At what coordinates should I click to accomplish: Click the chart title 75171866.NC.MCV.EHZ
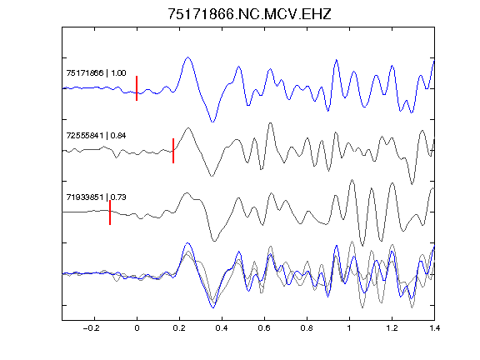click(249, 14)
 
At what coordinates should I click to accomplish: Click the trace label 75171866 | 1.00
click(96, 72)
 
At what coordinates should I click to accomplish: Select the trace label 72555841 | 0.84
click(96, 135)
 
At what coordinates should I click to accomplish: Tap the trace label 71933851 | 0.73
click(96, 197)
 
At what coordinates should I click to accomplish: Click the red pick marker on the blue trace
click(137, 88)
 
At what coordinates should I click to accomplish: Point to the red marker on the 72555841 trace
click(173, 151)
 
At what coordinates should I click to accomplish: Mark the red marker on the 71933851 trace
click(110, 212)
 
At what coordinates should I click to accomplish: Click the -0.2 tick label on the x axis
click(92, 328)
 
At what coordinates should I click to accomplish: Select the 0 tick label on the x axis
click(137, 328)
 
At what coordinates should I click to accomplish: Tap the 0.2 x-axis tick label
click(179, 328)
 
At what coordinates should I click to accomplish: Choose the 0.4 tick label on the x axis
click(222, 328)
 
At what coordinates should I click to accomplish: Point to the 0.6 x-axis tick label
click(264, 328)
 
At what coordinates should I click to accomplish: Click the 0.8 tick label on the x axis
click(307, 328)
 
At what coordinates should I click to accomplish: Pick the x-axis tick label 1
click(349, 328)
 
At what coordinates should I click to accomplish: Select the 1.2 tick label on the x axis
click(392, 328)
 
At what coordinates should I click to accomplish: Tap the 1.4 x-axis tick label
click(434, 328)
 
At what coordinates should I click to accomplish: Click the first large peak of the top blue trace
click(188, 57)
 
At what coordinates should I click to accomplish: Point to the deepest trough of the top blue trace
click(212, 122)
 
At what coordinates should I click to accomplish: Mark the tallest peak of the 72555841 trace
click(270, 123)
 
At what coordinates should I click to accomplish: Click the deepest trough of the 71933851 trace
click(362, 245)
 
